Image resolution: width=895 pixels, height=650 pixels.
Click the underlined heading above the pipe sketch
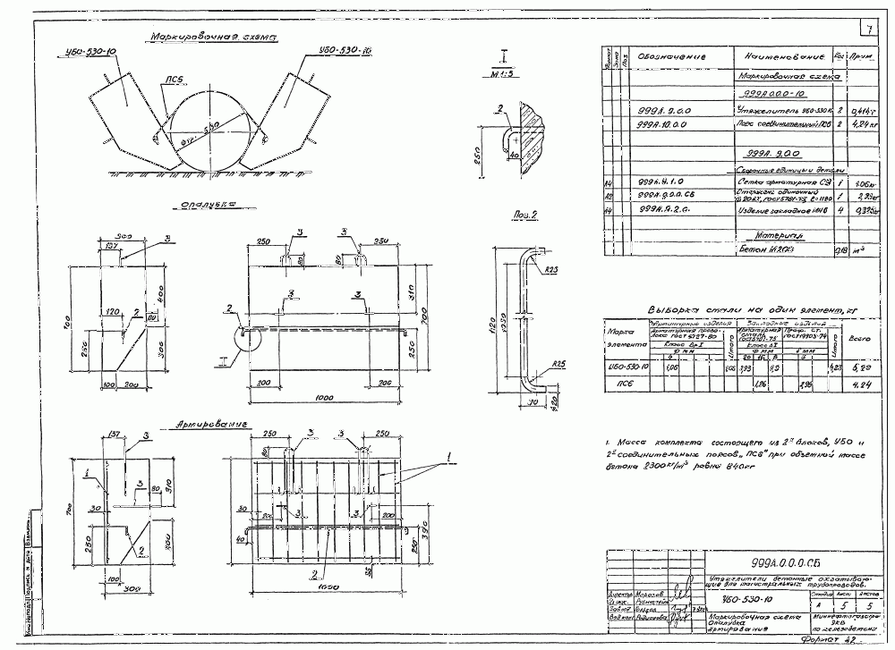[x=212, y=38]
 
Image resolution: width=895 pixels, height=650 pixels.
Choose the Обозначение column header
[x=672, y=56]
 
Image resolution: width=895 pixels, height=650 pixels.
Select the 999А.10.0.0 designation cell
[x=672, y=125]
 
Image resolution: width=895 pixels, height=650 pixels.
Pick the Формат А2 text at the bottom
[x=831, y=640]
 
